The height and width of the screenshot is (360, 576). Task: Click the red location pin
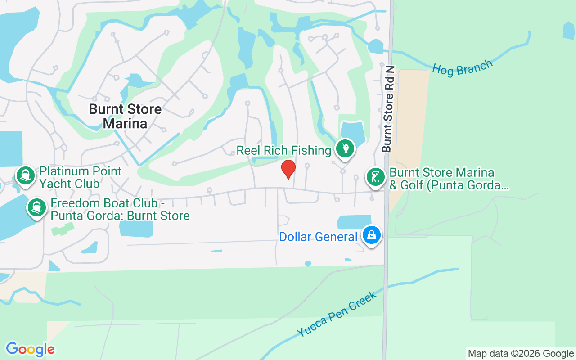[288, 169]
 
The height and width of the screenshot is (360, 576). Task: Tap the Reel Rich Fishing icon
[345, 148]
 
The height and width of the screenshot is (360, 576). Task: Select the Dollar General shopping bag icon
[372, 235]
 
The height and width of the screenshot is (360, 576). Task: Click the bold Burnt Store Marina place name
[125, 116]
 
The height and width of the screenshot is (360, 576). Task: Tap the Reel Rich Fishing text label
[284, 150]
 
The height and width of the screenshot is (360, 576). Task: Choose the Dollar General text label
[318, 237]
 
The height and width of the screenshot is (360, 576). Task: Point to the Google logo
[30, 349]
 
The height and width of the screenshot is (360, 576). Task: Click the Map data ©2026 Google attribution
[521, 354]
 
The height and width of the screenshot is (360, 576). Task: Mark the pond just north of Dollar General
[354, 222]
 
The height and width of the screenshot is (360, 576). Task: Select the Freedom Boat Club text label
[120, 210]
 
